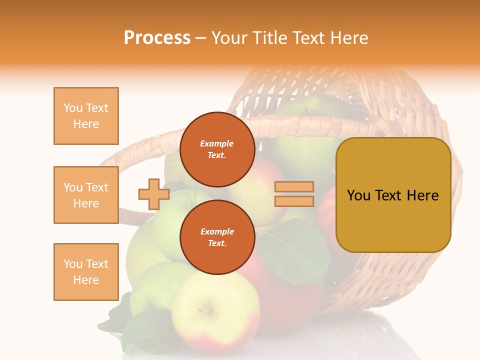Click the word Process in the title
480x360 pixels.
tap(157, 38)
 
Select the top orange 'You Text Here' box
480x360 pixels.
tap(86, 116)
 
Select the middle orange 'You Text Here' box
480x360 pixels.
tap(86, 195)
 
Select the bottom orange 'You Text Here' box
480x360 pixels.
tap(86, 272)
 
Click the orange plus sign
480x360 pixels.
tap(154, 194)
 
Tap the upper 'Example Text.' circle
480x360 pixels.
tap(217, 149)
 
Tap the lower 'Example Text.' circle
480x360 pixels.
tap(217, 237)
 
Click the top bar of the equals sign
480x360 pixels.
tap(294, 186)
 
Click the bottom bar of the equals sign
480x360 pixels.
tap(294, 201)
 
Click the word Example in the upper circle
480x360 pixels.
tap(217, 143)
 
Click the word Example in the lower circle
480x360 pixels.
tap(217, 231)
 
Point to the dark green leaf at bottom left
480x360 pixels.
tap(145, 330)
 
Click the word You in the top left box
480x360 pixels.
tap(72, 108)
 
